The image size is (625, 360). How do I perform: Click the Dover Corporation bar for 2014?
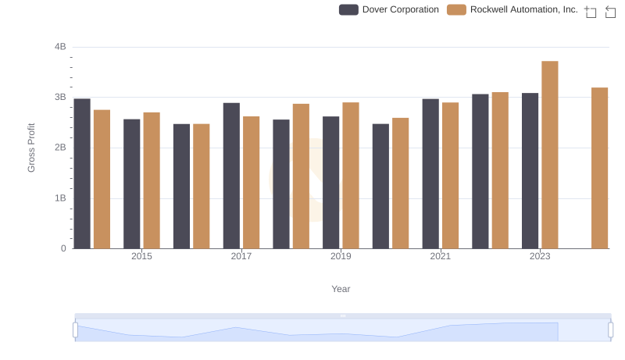click(x=82, y=173)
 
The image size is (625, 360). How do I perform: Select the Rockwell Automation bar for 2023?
click(x=550, y=155)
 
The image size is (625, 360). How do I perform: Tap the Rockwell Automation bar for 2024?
click(x=599, y=168)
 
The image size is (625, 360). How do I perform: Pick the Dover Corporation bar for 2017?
click(x=231, y=176)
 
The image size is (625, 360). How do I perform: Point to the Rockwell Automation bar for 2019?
click(x=351, y=176)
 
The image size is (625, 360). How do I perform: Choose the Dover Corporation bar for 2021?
click(x=430, y=173)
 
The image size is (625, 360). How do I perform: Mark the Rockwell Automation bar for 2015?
click(x=152, y=180)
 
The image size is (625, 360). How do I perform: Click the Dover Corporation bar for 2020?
click(x=380, y=186)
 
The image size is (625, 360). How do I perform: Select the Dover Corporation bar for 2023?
click(x=530, y=171)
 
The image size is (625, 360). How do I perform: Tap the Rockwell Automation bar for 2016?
click(x=202, y=186)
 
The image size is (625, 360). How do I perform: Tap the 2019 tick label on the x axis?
click(x=341, y=256)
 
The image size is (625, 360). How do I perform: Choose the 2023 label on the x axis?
click(x=540, y=256)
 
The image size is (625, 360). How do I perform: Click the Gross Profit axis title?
click(x=32, y=148)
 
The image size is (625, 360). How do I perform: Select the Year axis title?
click(x=341, y=289)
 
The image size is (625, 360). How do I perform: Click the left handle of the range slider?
click(x=75, y=330)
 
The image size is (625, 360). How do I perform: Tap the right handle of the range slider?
click(x=611, y=330)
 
